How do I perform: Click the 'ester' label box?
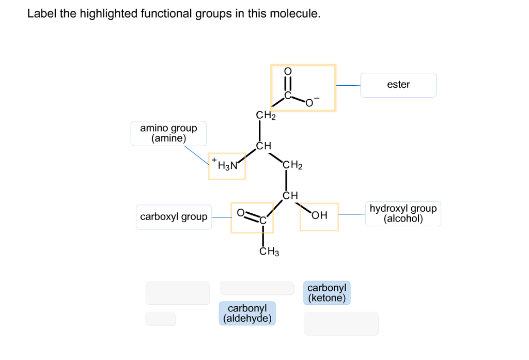[398, 85]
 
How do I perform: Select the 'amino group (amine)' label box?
[168, 133]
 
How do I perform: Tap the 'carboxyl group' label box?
[174, 217]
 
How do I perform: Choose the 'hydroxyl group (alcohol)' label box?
[403, 213]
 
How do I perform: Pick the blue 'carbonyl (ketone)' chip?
[326, 293]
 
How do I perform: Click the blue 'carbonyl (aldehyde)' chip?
[247, 314]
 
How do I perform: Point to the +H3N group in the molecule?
[226, 166]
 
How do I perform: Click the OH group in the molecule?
[320, 216]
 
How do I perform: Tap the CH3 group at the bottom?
[269, 252]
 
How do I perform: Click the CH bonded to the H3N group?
[263, 146]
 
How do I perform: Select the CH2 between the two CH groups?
[292, 165]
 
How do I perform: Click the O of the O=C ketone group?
[240, 212]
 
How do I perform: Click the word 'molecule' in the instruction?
[299, 14]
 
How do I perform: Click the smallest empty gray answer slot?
[160, 319]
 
